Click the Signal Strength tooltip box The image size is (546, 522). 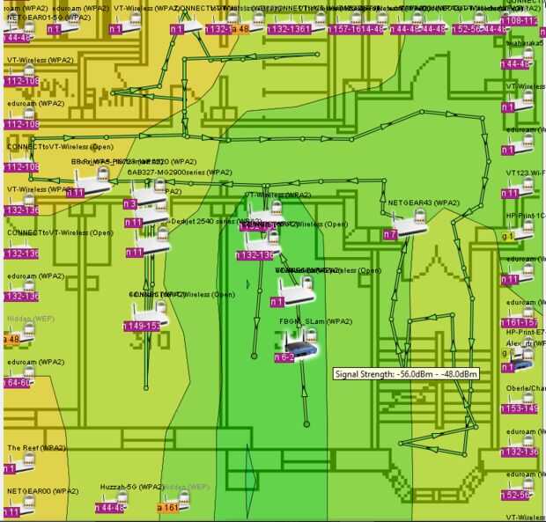click(406, 374)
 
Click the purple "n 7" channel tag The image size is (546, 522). click(390, 235)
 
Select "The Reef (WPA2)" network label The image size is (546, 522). click(37, 448)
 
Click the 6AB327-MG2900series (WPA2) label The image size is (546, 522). click(180, 173)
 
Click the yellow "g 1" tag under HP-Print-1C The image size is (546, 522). click(507, 236)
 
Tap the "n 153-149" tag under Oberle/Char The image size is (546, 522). click(518, 408)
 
